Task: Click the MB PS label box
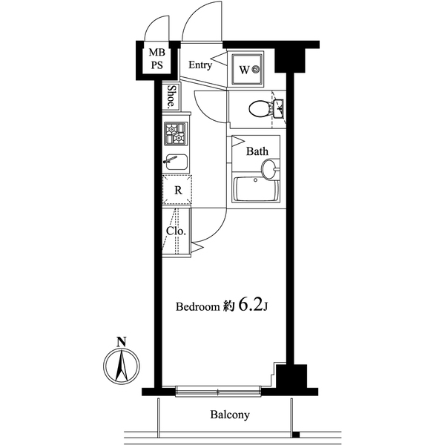tap(157, 59)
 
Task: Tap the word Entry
tap(200, 65)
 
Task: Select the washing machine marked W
tap(248, 70)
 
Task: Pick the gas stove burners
tap(177, 134)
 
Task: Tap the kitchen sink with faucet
tap(177, 162)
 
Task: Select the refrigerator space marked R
tap(178, 190)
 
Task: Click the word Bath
tap(257, 151)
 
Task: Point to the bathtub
tap(256, 190)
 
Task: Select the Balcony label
tap(228, 415)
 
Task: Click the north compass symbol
tap(121, 366)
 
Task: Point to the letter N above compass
tap(121, 342)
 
